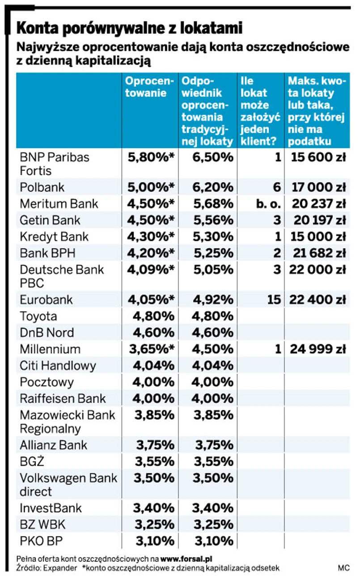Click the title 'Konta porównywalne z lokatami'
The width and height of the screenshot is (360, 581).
tap(130, 28)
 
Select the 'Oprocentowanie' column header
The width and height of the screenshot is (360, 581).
tap(148, 87)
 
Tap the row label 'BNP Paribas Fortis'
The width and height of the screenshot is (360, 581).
tap(55, 164)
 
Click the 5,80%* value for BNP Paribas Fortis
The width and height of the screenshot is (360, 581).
tap(151, 157)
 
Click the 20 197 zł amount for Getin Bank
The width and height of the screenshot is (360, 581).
tap(319, 220)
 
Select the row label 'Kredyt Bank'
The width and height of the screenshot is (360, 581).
tap(54, 237)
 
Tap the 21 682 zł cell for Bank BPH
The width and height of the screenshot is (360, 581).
tap(319, 253)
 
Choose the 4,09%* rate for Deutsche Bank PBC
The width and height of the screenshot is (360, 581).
tap(151, 270)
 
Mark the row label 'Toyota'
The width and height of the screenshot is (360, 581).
tap(38, 316)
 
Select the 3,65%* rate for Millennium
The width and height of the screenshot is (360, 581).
tap(151, 349)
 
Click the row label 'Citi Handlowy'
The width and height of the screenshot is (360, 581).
tap(58, 366)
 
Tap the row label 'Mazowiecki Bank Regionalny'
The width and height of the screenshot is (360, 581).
tap(67, 421)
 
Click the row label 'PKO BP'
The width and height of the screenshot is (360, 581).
tap(41, 541)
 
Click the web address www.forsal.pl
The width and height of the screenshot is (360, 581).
tap(186, 559)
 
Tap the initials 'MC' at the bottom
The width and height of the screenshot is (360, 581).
tap(343, 568)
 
